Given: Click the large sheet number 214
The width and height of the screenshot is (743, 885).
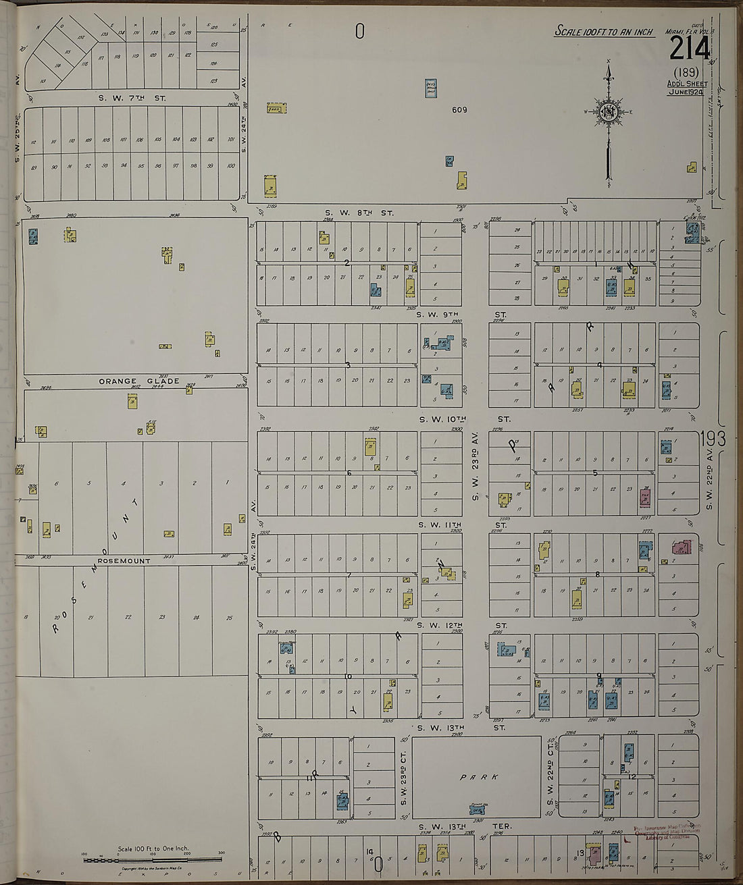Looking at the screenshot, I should [690, 49].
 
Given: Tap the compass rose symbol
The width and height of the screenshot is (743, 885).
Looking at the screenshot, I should [608, 112].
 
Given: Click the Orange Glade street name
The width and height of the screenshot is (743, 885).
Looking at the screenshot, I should [130, 381].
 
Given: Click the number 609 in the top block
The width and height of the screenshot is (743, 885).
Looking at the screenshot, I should [459, 109].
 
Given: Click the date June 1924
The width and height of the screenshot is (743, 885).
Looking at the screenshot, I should [688, 92].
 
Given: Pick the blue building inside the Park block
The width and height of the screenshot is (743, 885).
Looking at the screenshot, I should [479, 808].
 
